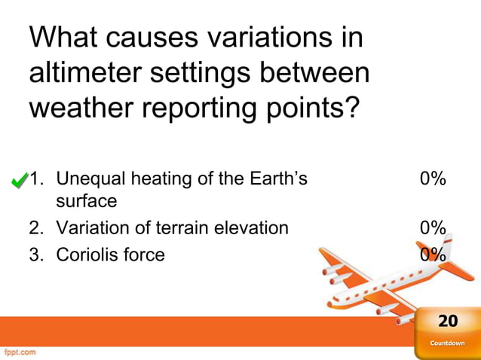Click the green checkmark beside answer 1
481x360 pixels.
(20, 181)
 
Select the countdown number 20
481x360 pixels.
(448, 322)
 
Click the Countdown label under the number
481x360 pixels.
(447, 343)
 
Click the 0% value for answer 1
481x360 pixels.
(433, 179)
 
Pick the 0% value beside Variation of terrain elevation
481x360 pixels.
(433, 227)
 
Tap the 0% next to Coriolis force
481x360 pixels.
(433, 255)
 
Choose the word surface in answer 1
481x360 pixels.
(86, 201)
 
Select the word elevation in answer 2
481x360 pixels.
(256, 227)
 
